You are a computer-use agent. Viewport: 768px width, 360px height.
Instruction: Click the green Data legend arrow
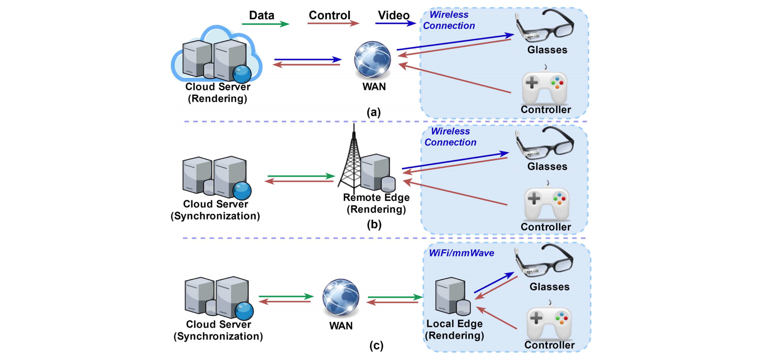(265, 24)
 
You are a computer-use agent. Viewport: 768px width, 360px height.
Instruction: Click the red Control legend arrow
(333, 24)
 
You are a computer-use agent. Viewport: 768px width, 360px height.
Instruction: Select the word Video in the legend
(393, 15)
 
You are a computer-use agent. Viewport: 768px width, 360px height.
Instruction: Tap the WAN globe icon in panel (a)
(373, 60)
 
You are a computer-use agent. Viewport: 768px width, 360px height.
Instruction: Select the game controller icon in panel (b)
(546, 203)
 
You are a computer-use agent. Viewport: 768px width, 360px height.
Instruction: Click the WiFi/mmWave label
(461, 253)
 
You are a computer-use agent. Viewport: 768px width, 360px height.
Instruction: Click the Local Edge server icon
(452, 297)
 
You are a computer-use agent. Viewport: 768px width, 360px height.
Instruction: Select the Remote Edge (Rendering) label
(376, 203)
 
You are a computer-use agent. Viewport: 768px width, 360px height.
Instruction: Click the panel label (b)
(374, 224)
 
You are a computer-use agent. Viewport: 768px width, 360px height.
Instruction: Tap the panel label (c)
(376, 345)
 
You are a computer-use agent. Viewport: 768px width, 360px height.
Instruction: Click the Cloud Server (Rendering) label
(217, 93)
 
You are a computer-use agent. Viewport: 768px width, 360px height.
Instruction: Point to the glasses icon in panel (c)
(544, 261)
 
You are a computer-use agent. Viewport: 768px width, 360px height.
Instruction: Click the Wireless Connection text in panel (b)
(450, 137)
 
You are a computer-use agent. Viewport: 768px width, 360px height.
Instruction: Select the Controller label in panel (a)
(546, 110)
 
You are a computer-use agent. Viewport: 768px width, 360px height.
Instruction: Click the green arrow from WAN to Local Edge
(394, 297)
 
